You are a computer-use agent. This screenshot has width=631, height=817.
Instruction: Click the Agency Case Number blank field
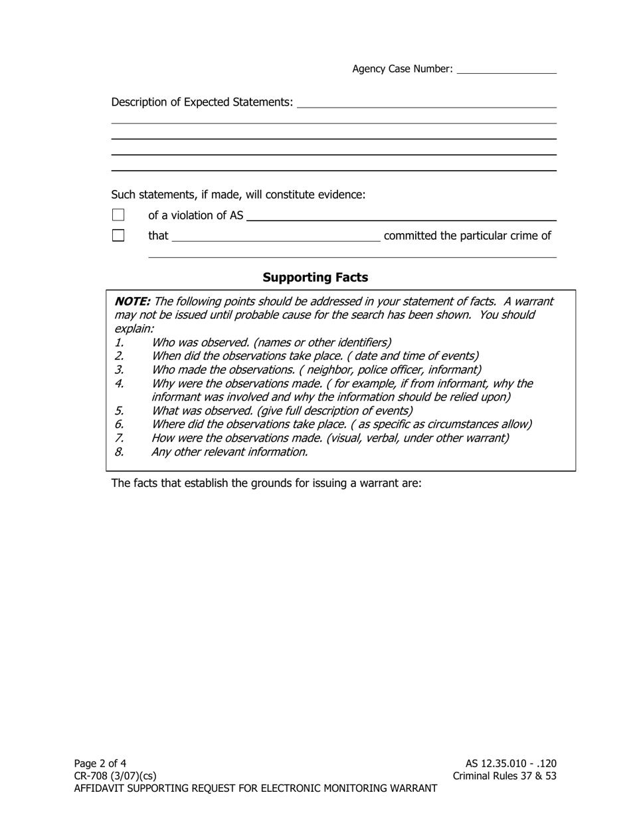(x=506, y=69)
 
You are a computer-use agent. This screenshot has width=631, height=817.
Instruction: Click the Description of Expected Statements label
(x=202, y=102)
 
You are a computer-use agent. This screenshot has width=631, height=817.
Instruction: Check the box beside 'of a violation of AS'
(x=118, y=215)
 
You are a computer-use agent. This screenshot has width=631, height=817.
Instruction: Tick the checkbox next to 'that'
(x=118, y=235)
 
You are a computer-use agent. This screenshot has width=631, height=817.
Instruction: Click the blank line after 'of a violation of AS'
(x=401, y=216)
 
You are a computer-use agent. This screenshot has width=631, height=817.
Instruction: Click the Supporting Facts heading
(x=315, y=277)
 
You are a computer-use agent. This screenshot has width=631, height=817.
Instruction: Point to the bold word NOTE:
(x=132, y=302)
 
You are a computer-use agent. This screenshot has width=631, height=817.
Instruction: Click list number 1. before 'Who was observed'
(x=119, y=343)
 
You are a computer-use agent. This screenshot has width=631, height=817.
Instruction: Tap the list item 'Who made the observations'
(x=316, y=370)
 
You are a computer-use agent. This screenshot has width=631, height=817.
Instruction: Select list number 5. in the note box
(x=119, y=410)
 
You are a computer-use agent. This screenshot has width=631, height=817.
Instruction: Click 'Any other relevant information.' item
(x=229, y=452)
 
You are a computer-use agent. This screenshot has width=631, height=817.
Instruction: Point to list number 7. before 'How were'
(x=119, y=438)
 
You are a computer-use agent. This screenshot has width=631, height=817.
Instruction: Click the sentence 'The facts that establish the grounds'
(x=266, y=483)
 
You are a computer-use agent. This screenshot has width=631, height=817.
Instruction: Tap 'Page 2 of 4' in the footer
(x=100, y=763)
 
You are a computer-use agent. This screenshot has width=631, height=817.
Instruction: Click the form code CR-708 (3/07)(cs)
(x=116, y=776)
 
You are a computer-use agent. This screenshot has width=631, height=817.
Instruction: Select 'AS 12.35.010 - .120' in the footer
(x=511, y=763)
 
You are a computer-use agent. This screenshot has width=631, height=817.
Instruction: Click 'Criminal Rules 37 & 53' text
(x=504, y=776)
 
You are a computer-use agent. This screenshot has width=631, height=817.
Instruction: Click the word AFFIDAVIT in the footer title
(x=101, y=788)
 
